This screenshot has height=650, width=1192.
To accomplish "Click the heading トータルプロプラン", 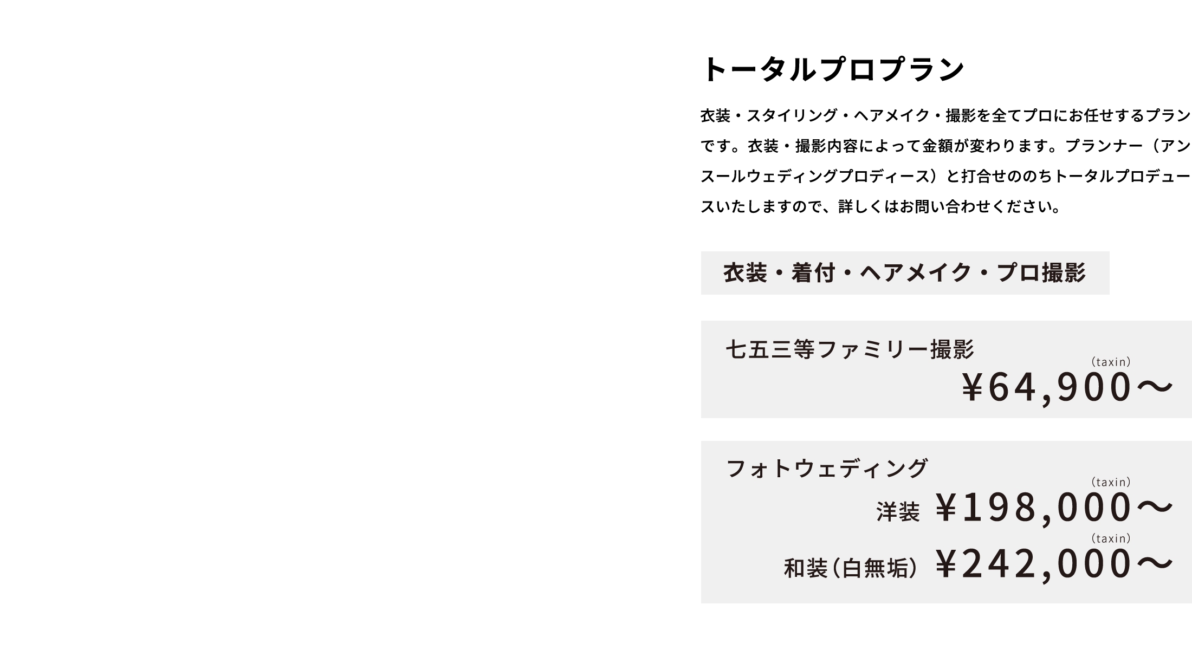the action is click(x=833, y=70).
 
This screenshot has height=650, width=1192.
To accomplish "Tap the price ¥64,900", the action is click(x=1047, y=388).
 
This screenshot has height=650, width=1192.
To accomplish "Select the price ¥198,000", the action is click(x=1034, y=508).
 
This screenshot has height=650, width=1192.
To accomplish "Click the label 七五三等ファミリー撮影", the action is click(x=850, y=349).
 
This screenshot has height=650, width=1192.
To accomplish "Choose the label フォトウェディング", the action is click(x=827, y=469).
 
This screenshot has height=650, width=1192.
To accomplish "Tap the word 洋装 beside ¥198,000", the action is click(x=898, y=512).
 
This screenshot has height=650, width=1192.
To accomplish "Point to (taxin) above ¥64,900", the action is click(x=1111, y=362).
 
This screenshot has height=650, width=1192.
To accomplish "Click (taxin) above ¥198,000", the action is click(x=1111, y=482).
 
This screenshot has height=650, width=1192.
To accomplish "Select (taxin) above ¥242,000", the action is click(x=1111, y=538).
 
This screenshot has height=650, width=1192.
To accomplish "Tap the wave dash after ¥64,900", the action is click(x=1154, y=387).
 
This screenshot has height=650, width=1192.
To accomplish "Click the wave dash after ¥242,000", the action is click(x=1154, y=563).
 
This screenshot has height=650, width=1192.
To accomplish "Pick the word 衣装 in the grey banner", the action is click(x=746, y=273).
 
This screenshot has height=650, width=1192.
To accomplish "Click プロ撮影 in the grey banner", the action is click(x=1041, y=273).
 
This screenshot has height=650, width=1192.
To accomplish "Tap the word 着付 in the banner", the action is click(x=813, y=273).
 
